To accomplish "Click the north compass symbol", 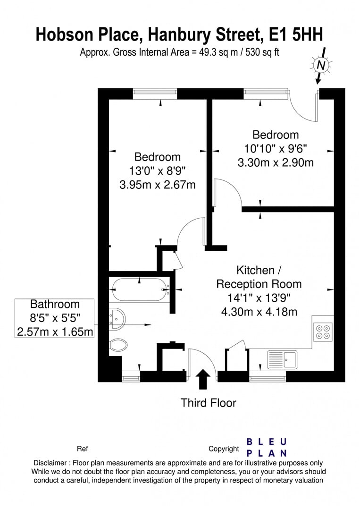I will click(x=321, y=66).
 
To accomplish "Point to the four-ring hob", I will click(x=323, y=331).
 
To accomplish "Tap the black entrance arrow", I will click(x=204, y=379).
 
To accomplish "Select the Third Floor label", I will click(x=208, y=403).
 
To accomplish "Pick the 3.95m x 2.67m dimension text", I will click(x=157, y=184).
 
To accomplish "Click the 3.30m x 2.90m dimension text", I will click(x=275, y=163).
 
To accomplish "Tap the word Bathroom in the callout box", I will click(x=55, y=304).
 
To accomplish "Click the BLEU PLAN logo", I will click(x=267, y=447).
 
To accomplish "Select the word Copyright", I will click(x=224, y=449).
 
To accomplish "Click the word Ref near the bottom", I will click(x=82, y=449).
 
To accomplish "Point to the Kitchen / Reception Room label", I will click(x=259, y=277).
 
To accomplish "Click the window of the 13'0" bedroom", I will click(x=155, y=93).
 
